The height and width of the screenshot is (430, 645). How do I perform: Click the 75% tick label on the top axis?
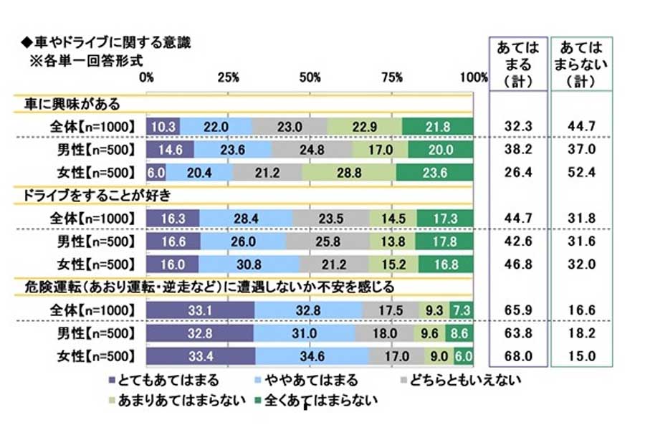click(x=392, y=77)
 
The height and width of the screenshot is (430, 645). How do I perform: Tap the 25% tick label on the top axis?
click(x=229, y=77)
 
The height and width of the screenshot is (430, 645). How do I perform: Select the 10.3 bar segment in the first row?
click(x=163, y=126)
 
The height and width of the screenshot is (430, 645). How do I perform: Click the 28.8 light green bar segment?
click(x=348, y=172)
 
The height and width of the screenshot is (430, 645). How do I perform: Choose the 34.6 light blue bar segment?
click(x=312, y=355)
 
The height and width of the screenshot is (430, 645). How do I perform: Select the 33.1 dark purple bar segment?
click(x=201, y=310)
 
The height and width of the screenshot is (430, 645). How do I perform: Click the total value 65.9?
click(x=517, y=310)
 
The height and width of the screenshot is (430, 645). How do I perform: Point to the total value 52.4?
click(x=581, y=173)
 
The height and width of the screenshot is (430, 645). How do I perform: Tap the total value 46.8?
click(x=517, y=264)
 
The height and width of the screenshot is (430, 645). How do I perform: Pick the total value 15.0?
click(x=581, y=356)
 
